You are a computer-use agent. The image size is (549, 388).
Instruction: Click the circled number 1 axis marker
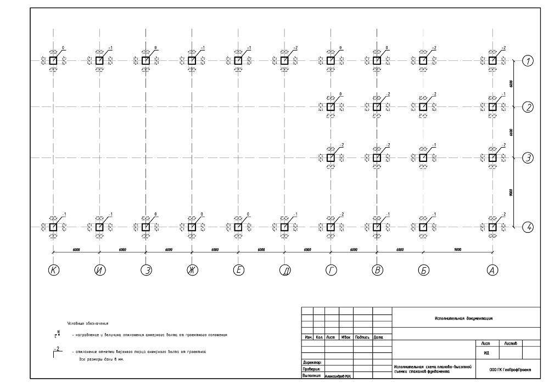(528, 61)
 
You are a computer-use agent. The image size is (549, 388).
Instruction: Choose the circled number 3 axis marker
(528, 158)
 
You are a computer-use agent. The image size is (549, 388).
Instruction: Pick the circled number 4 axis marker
(528, 227)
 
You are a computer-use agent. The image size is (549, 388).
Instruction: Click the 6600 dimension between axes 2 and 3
(511, 132)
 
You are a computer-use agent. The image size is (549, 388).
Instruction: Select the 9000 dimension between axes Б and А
(457, 250)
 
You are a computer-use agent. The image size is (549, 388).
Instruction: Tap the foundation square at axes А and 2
(492, 107)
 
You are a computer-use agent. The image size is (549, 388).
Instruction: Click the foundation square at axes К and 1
(53, 61)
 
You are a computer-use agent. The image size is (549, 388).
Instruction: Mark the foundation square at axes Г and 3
(330, 158)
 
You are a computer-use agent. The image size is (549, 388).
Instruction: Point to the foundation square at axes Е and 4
(238, 227)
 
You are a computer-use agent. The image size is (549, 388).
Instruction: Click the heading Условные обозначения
(88, 323)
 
